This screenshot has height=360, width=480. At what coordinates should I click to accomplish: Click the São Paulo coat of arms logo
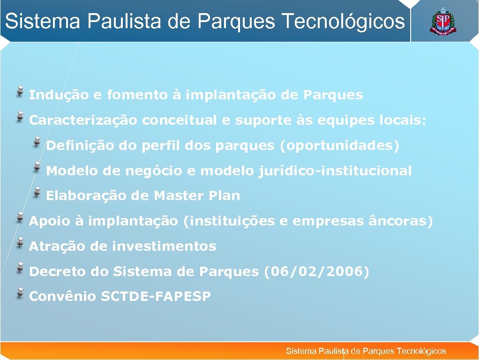(442, 22)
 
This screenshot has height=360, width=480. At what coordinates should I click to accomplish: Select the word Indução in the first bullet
(59, 95)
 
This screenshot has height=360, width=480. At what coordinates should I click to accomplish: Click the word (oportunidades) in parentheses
(339, 146)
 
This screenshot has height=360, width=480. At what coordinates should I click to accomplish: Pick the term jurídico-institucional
(335, 171)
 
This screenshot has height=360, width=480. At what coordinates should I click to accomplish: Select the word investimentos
(164, 246)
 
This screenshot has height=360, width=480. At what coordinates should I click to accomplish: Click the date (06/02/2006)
(316, 271)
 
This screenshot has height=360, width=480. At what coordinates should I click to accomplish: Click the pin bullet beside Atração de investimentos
(21, 242)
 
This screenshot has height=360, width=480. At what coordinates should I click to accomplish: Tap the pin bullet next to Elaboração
(37, 192)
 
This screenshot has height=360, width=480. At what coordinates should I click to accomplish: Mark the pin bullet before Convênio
(21, 293)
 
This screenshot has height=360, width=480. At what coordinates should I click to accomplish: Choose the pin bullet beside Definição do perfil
(37, 142)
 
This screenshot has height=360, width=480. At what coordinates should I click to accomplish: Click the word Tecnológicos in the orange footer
(421, 351)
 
